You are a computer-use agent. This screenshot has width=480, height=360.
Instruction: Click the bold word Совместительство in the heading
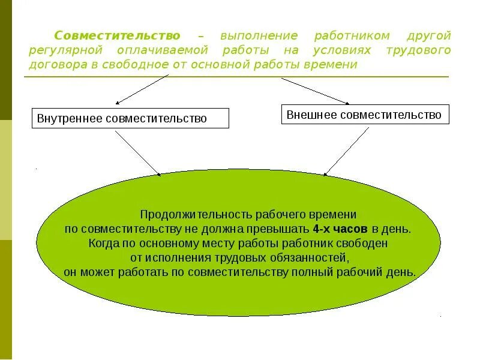117,36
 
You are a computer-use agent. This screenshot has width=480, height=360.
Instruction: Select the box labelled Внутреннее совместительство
130,118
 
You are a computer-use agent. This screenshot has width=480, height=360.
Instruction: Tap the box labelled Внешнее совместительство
365,115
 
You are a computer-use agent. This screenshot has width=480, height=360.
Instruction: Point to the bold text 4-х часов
340,229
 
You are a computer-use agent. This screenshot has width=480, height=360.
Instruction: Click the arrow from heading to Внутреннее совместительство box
143,89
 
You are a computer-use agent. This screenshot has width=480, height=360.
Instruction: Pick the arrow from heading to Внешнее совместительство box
314,91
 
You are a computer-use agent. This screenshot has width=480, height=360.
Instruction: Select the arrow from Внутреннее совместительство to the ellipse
138,154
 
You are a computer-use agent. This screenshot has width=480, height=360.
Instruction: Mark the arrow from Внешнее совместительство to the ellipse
346,151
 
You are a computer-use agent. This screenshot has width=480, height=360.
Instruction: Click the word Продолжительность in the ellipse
189,214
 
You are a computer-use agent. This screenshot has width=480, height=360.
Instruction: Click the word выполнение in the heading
258,36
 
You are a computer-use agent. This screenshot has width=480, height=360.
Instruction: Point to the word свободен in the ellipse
367,243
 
